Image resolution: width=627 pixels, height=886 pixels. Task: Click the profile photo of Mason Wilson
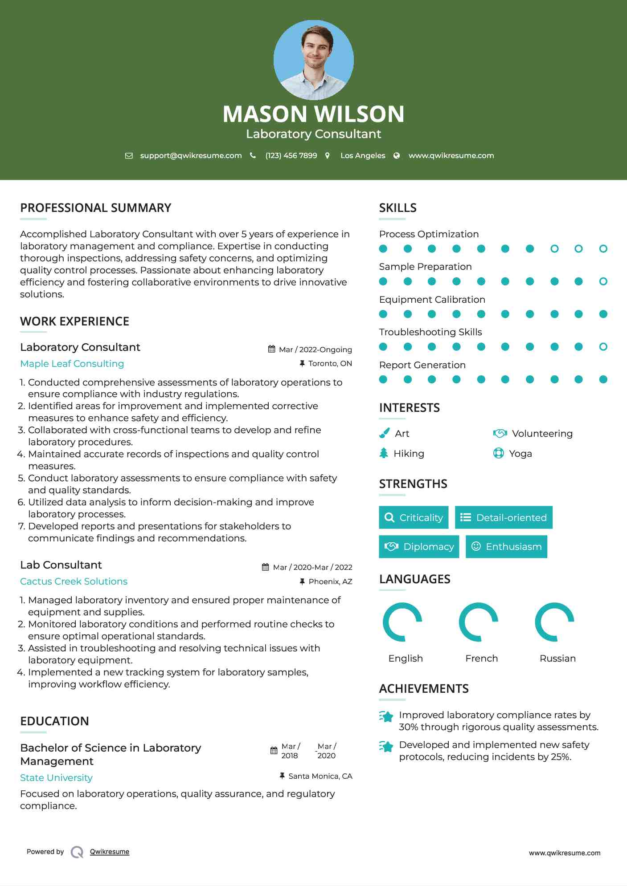tap(313, 60)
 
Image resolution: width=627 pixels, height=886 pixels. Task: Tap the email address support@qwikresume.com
tap(191, 155)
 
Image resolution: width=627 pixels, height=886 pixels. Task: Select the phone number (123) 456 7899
tap(291, 155)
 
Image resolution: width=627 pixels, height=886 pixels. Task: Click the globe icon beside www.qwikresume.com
tap(397, 155)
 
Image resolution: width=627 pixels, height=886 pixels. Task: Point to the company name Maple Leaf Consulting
tap(72, 364)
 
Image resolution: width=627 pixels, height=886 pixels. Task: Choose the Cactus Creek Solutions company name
tap(74, 581)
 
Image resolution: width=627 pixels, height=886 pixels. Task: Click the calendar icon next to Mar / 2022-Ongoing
tap(271, 349)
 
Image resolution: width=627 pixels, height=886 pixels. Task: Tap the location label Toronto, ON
tap(330, 363)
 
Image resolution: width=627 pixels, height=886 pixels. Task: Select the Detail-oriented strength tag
tap(504, 517)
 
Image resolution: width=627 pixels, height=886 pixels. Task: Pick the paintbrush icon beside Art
tap(384, 433)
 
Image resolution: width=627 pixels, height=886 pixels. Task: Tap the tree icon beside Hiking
tap(384, 453)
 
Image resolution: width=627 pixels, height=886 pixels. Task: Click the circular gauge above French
tap(479, 622)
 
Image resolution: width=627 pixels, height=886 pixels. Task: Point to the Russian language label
tap(557, 658)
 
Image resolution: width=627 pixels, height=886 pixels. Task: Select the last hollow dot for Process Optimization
tap(603, 248)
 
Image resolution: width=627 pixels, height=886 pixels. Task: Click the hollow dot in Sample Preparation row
tap(603, 281)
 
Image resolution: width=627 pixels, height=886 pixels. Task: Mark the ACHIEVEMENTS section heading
tap(424, 689)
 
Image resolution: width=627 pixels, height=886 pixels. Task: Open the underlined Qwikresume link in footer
tap(110, 852)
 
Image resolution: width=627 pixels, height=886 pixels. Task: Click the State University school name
tap(57, 778)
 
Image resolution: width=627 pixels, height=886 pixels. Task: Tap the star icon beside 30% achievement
tap(386, 716)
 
